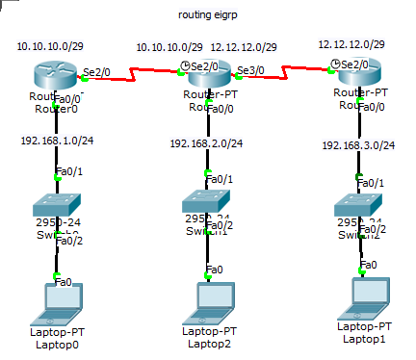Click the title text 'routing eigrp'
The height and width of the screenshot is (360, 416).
point(209,16)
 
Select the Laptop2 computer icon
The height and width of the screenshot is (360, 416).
point(209,301)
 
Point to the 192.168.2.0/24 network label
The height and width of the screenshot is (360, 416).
point(206,143)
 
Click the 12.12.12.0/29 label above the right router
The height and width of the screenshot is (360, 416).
point(351,44)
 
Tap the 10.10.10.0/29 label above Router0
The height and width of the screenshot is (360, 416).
point(49,46)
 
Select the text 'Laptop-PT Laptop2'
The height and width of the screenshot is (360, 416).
point(209,337)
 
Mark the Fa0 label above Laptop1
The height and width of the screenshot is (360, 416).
point(368,264)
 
